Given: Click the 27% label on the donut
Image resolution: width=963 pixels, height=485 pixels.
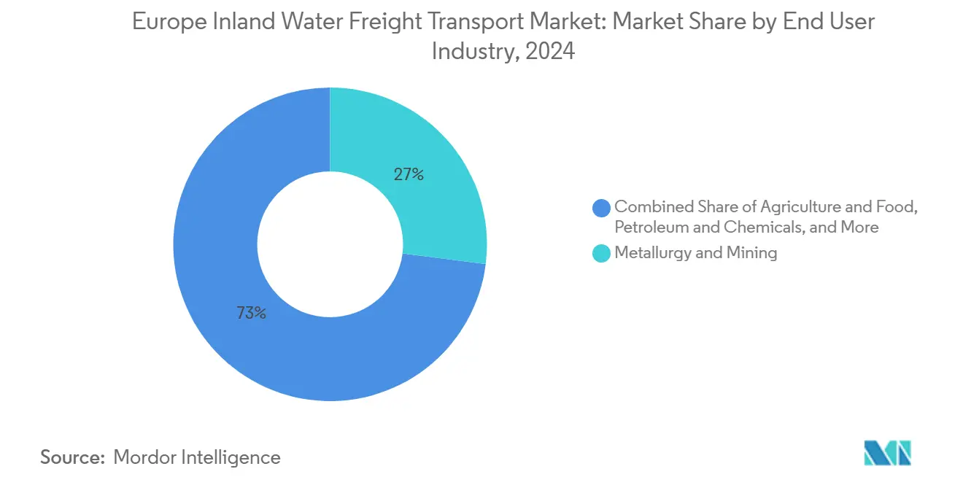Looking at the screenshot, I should tap(409, 175).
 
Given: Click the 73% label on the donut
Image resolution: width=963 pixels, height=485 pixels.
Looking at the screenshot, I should tap(251, 314).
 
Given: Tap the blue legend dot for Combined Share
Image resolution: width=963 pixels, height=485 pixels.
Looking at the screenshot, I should tap(602, 208).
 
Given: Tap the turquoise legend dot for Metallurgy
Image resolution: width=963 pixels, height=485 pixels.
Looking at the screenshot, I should tap(602, 253).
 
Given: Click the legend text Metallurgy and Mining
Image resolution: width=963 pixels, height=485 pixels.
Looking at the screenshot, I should tap(696, 253).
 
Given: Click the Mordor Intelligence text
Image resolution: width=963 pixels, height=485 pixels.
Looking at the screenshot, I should tap(197, 457).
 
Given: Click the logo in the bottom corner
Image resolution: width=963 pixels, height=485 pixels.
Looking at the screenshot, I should tap(887, 453).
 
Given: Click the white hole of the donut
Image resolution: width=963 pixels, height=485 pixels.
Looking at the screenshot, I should tap(330, 244).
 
